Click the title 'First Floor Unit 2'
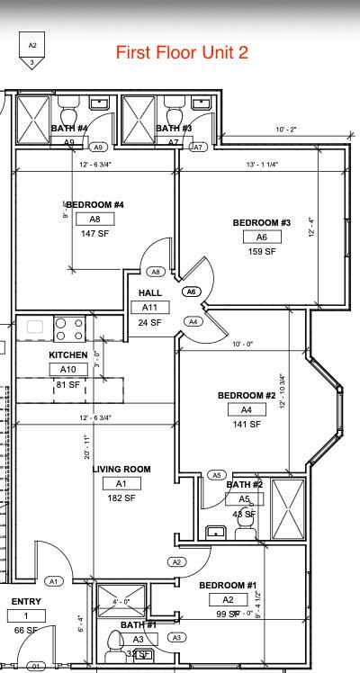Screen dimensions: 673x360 pyautogui.click(x=182, y=53)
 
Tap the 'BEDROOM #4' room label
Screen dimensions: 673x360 pyautogui.click(x=94, y=205)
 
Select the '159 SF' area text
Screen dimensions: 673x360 pyautogui.click(x=262, y=251)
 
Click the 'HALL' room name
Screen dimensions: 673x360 pyautogui.click(x=149, y=293)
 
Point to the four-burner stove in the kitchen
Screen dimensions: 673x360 pyautogui.click(x=69, y=328)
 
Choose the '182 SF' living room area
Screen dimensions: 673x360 pyautogui.click(x=121, y=498)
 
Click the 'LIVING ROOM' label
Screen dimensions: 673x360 pyautogui.click(x=121, y=469)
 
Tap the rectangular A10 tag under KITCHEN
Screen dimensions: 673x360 pyautogui.click(x=67, y=369)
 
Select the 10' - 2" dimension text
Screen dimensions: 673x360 pyautogui.click(x=286, y=130)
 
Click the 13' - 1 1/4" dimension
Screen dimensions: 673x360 pyautogui.click(x=262, y=165)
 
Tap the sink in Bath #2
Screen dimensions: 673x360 pyautogui.click(x=215, y=532)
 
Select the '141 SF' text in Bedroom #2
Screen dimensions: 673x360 pyautogui.click(x=246, y=424)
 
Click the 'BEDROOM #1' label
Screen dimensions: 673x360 pyautogui.click(x=228, y=585)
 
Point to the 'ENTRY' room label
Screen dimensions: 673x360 pyautogui.click(x=26, y=602)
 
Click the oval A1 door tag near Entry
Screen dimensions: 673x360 pyautogui.click(x=53, y=581)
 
